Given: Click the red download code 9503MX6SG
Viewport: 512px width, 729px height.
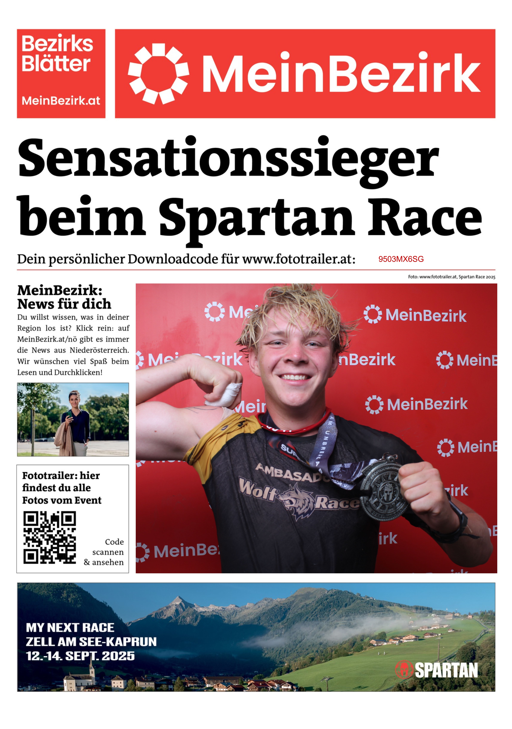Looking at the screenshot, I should (401, 259).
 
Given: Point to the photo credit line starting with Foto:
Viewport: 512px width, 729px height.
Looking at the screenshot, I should (451, 277).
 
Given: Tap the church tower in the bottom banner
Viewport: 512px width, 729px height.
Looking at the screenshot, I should (91, 669).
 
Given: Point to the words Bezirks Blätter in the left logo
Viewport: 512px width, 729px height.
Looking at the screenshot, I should (57, 53).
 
